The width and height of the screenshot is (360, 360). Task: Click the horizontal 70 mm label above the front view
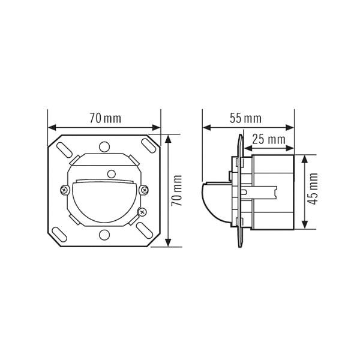click(x=105, y=118)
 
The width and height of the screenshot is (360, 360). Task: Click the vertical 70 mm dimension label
click(x=177, y=190)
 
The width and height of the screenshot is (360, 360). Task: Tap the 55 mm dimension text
click(x=245, y=118)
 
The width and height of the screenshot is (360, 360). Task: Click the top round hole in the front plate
click(x=105, y=146)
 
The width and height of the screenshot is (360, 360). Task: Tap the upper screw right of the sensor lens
click(x=144, y=190)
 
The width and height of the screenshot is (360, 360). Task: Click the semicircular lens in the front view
click(x=104, y=201)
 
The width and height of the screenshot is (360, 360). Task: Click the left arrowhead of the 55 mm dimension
click(x=206, y=127)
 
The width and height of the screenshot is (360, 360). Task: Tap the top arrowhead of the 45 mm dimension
click(x=305, y=158)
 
